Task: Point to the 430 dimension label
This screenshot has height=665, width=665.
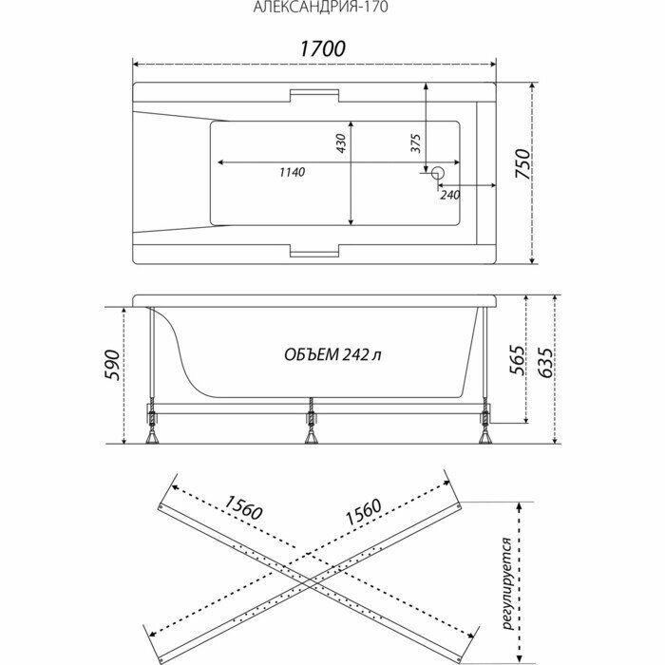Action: coord(340,143)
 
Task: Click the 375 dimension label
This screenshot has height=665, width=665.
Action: coord(415,142)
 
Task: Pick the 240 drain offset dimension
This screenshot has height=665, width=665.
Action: coord(449,194)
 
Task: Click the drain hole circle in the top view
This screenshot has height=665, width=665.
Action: coord(437,174)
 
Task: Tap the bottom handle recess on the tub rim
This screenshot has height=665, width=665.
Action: coord(313,252)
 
